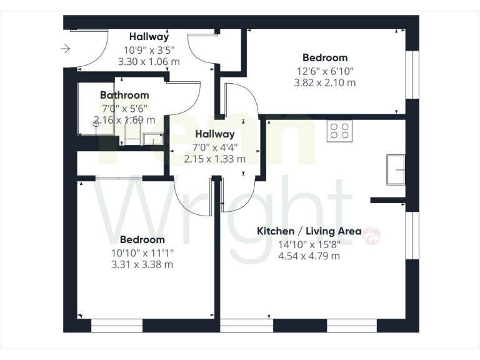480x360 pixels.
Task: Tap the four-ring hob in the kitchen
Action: [339, 130]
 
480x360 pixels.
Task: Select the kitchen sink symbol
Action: [396, 169]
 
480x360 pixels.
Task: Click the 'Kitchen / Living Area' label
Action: [309, 231]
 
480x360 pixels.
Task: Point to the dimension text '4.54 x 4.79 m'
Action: [309, 256]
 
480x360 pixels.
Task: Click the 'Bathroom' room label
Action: [124, 95]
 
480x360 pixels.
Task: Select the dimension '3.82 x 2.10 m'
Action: [326, 82]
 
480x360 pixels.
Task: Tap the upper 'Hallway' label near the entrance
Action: [149, 36]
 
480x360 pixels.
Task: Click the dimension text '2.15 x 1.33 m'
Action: [214, 159]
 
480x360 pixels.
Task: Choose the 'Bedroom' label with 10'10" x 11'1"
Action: [142, 239]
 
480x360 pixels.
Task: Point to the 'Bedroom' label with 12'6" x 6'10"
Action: [326, 57]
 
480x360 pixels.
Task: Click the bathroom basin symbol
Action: [152, 139]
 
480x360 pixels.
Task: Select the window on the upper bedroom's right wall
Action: [411, 74]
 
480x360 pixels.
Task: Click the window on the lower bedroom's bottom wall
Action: [117, 326]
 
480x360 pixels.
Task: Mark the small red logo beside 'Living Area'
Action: [372, 233]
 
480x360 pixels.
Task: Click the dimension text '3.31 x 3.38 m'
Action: [142, 264]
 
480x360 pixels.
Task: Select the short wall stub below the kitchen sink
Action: [387, 200]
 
